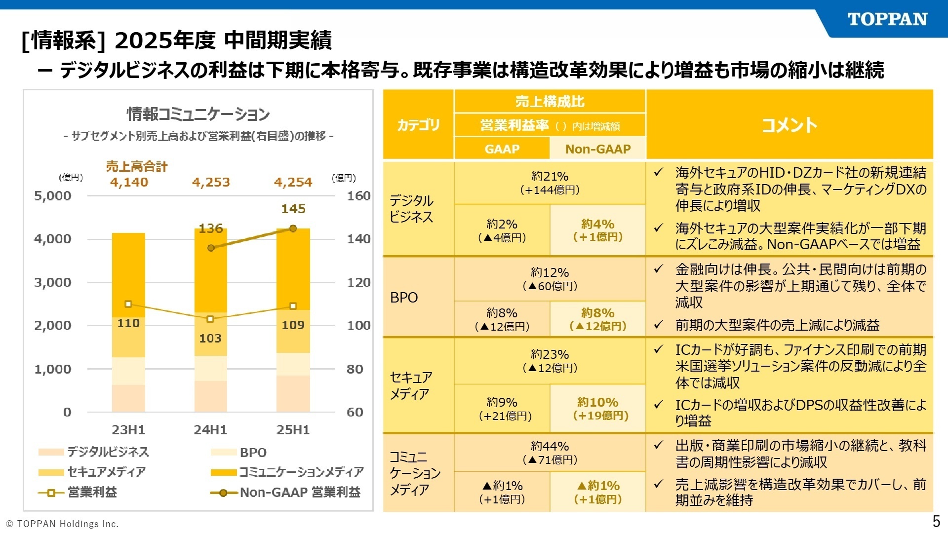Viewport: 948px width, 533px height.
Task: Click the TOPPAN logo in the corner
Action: (887, 19)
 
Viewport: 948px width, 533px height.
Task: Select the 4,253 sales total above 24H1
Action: (211, 182)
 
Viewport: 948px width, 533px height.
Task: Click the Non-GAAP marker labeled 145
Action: (293, 228)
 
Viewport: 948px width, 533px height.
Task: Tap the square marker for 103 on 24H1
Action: (210, 319)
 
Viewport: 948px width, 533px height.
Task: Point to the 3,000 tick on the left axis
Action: (53, 282)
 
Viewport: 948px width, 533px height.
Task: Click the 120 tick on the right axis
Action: (358, 282)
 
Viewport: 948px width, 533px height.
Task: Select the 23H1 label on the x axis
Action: (128, 429)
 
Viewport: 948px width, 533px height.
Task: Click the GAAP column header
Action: (502, 149)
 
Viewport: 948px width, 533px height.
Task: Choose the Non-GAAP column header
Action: (597, 149)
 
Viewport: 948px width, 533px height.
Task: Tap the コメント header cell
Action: (789, 125)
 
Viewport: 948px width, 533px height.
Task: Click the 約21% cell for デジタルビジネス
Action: (550, 183)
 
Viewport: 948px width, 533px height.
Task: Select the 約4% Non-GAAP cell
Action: (597, 230)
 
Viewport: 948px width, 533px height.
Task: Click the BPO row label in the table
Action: (404, 298)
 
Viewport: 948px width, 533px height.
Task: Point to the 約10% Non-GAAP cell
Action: (597, 408)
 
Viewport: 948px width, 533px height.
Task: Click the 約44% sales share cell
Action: (550, 453)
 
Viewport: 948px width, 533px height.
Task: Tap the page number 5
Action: (936, 521)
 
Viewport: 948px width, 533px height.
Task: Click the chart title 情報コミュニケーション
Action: (198, 114)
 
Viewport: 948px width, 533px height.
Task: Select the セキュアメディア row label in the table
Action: (411, 385)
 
